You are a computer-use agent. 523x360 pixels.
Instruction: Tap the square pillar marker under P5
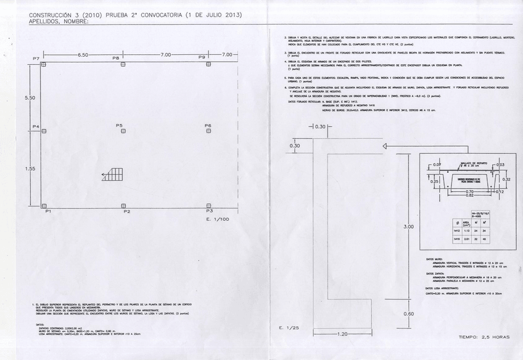pos(123,131)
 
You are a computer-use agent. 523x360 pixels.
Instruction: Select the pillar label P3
pos(209,211)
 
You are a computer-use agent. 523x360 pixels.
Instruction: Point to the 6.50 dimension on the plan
pos(83,55)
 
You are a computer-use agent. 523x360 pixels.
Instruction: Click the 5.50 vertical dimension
pos(29,98)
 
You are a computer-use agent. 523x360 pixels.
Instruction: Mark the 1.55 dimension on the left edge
pos(29,168)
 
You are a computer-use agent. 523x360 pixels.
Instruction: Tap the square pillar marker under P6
pos(208,131)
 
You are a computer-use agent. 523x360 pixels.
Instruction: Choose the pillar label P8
pos(116,58)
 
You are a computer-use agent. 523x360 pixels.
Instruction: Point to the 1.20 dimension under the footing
pos(342,333)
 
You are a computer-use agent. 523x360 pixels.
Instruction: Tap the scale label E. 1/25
pos(289,327)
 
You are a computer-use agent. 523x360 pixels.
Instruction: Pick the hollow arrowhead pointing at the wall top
pos(385,146)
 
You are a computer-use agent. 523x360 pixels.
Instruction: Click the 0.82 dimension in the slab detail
pos(469,195)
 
